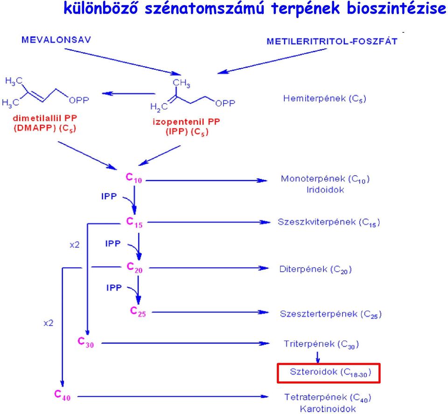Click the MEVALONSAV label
click(x=56, y=40)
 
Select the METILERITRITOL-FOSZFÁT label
click(x=332, y=42)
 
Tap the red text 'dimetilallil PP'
click(x=45, y=118)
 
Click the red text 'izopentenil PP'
click(x=186, y=122)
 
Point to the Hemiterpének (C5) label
click(x=325, y=99)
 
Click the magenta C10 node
click(x=134, y=178)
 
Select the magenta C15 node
click(x=134, y=222)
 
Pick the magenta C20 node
click(x=134, y=267)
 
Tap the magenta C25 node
click(x=138, y=311)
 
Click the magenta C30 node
click(x=86, y=342)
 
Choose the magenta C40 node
click(x=62, y=395)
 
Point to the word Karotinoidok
click(x=328, y=408)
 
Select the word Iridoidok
click(x=325, y=190)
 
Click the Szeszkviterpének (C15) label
click(x=329, y=222)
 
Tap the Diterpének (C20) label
click(x=315, y=270)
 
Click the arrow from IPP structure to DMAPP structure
click(x=129, y=93)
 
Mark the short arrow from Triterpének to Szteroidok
click(x=317, y=357)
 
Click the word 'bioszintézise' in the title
click(x=397, y=8)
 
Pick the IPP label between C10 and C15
click(x=109, y=196)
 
